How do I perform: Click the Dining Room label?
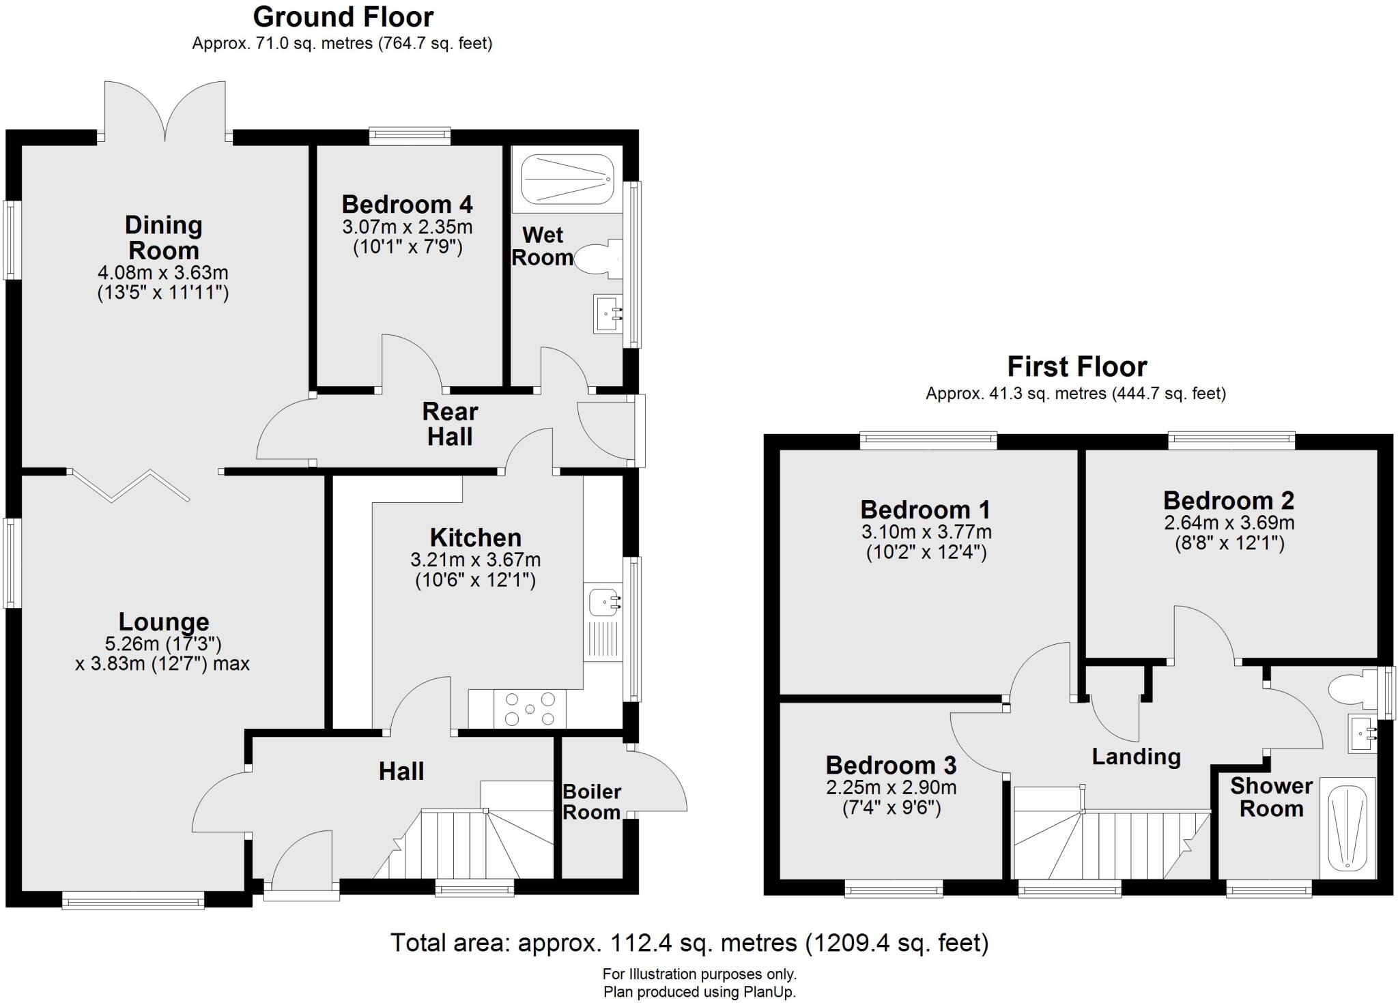click(163, 237)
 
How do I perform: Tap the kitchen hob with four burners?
click(529, 708)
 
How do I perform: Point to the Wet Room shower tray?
click(568, 177)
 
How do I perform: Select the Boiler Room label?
click(591, 802)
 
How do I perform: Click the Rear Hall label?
click(450, 424)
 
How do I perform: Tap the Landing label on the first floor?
click(1136, 757)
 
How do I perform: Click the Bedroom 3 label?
click(891, 765)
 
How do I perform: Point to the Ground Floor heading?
click(343, 16)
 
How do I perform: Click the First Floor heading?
click(1076, 367)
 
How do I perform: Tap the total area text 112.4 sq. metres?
click(689, 943)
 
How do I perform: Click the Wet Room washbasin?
click(608, 313)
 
